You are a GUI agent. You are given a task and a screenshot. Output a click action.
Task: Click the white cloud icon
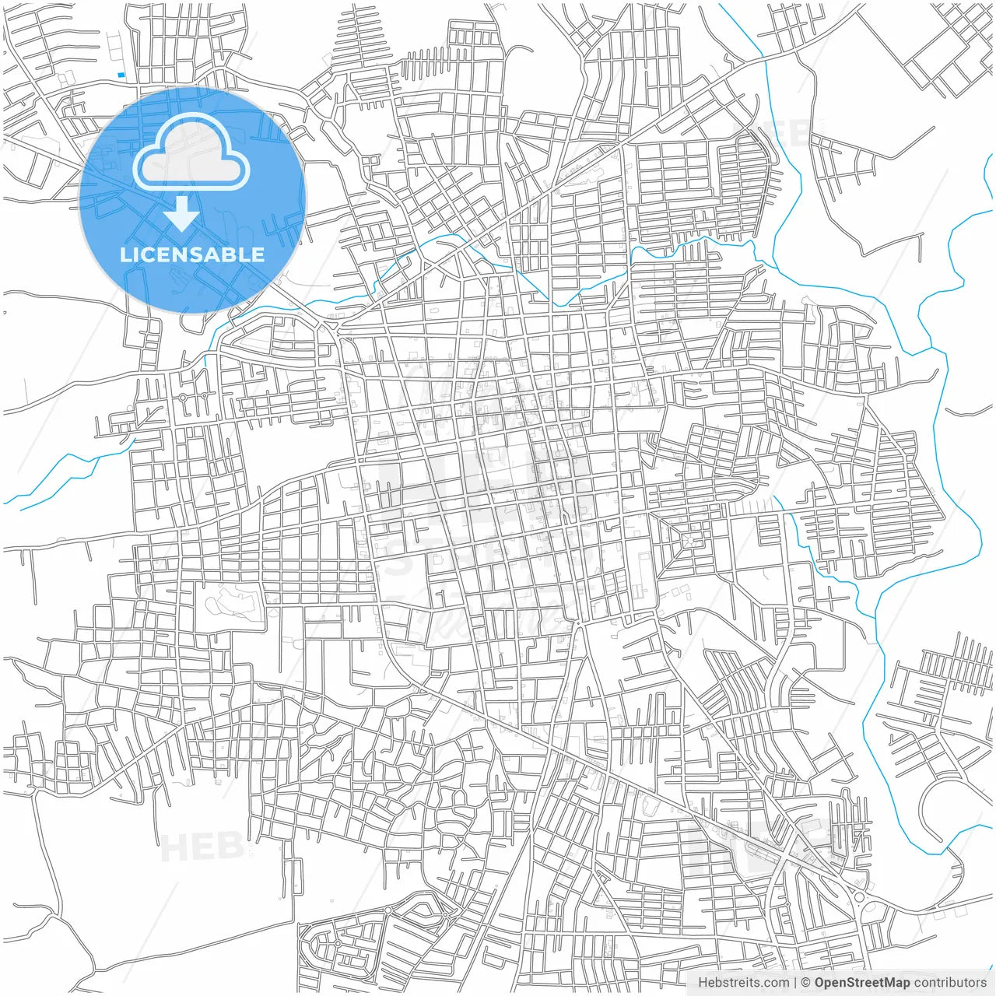191,153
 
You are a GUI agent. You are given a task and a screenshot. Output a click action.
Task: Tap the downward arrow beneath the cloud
182,214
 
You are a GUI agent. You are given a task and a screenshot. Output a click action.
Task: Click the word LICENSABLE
192,254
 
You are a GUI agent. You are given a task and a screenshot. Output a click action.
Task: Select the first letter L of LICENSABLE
124,254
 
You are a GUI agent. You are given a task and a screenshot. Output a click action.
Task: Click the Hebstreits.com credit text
743,983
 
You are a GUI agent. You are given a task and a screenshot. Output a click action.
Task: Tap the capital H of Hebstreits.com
703,983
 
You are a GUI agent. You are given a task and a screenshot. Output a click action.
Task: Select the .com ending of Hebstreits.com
774,983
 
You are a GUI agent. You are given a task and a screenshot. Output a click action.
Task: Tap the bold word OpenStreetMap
862,983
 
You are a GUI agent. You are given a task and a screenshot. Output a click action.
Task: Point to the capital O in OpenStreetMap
820,983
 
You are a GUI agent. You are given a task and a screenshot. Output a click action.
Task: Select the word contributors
950,983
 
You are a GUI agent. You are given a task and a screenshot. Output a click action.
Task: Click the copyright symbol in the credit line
806,983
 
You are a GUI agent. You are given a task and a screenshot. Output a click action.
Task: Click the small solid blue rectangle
121,75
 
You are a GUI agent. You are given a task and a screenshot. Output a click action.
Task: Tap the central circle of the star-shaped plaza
688,539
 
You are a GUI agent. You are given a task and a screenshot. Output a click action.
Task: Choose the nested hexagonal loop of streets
424,907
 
